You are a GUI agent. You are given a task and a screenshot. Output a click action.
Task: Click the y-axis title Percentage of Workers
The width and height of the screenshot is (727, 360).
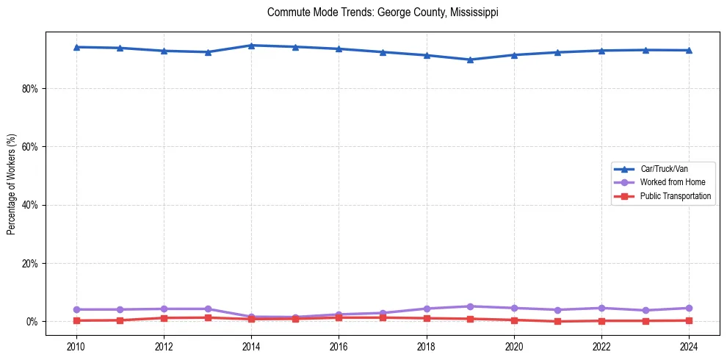coord(11,184)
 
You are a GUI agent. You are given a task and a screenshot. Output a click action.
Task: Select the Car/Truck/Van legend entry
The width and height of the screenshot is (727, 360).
coord(664,169)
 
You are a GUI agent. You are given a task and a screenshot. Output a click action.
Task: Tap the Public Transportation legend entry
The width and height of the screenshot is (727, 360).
coord(676,196)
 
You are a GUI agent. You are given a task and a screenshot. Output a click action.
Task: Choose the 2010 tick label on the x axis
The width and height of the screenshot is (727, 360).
coord(76,345)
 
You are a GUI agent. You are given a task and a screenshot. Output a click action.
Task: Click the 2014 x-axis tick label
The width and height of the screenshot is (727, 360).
coord(251,345)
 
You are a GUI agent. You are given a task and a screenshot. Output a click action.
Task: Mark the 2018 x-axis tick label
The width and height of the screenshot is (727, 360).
coord(426,345)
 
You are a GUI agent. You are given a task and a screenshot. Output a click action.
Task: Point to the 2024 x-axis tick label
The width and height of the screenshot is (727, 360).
coord(689,345)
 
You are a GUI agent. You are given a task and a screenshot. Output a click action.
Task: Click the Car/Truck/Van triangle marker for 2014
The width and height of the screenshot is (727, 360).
coord(251,46)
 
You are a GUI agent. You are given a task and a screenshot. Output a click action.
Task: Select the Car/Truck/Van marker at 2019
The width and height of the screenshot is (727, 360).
coord(470,60)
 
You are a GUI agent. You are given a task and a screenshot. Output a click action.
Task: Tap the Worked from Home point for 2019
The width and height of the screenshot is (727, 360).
coord(470,306)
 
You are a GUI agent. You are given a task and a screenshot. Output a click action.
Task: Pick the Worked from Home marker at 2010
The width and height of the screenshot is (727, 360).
coord(76,309)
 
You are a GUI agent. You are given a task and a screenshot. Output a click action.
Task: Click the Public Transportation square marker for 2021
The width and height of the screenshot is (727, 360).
coord(557,321)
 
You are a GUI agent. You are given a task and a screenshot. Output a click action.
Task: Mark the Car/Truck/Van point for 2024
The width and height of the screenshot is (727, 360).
coord(689,50)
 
